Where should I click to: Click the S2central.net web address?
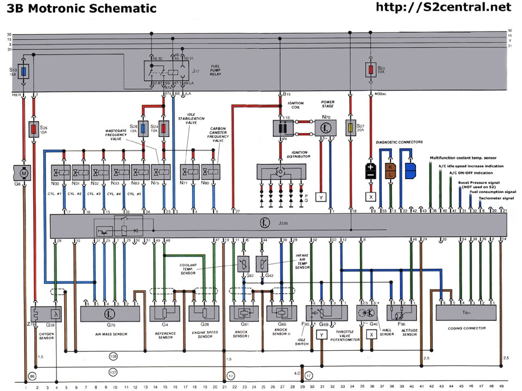pos(444,7)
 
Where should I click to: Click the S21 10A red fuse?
pos(370,70)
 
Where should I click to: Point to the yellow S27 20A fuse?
pos(351,128)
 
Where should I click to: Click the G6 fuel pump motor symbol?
pos(24,172)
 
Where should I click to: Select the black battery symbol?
pos(370,171)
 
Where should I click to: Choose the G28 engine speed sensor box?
pos(204,313)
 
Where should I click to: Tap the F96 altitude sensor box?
pos(402,313)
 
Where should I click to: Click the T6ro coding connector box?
pos(466,313)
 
